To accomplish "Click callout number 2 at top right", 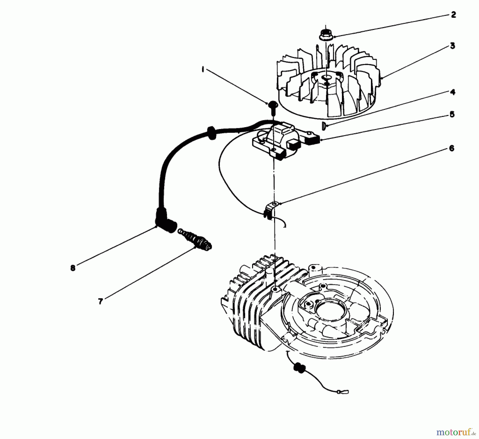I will point(453,15).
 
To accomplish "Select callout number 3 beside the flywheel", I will point(452,46).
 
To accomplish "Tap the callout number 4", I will point(453,92).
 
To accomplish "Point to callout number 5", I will point(452,115).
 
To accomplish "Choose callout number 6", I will point(451,148).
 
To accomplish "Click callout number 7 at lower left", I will point(100,301).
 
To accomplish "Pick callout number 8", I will point(73,268).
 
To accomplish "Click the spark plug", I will point(196,239).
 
